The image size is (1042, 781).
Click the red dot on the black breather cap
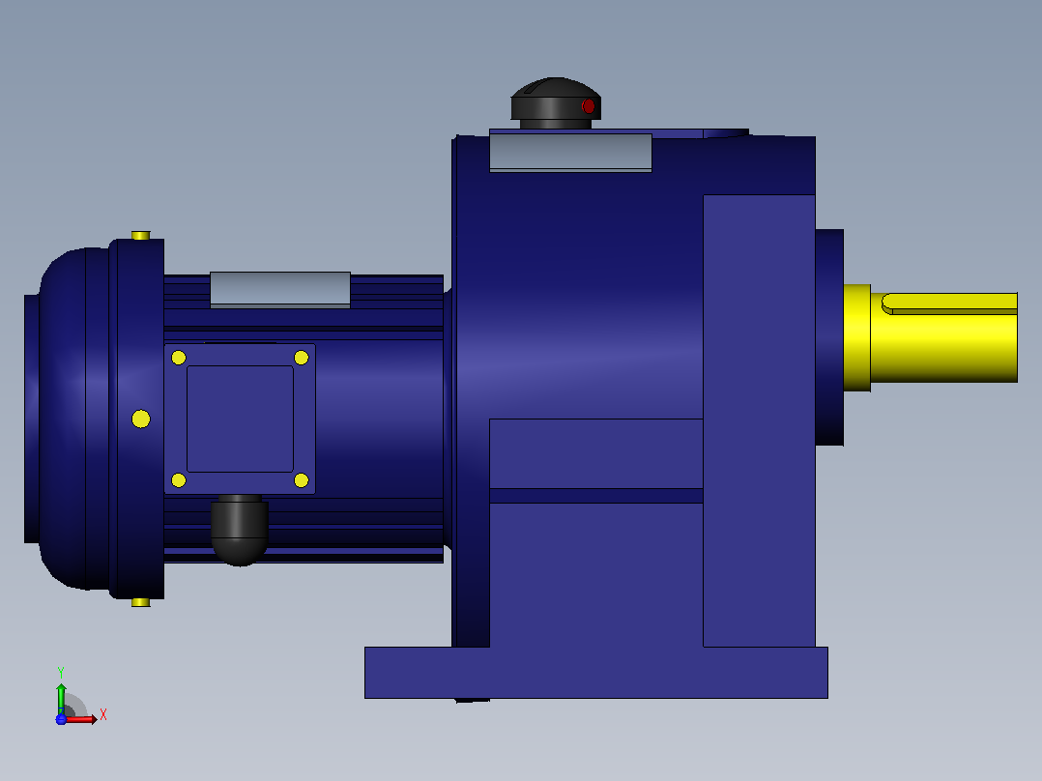[588, 105]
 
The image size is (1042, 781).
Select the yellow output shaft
[930, 337]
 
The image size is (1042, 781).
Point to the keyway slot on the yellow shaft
[949, 304]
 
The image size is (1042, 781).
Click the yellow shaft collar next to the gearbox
[857, 337]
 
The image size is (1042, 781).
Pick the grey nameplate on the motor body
[280, 290]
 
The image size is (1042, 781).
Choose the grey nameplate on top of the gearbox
[571, 152]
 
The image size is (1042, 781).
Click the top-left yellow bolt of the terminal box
[179, 358]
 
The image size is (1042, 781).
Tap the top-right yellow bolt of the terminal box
[301, 358]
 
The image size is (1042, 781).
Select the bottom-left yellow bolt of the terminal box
[179, 479]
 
